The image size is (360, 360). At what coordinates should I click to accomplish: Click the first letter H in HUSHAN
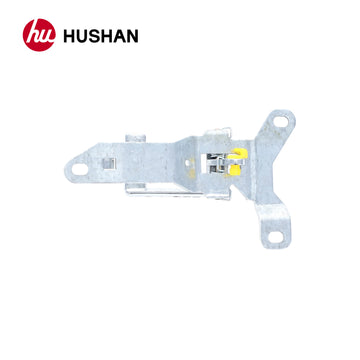(71, 38)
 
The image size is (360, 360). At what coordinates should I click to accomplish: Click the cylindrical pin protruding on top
(134, 136)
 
